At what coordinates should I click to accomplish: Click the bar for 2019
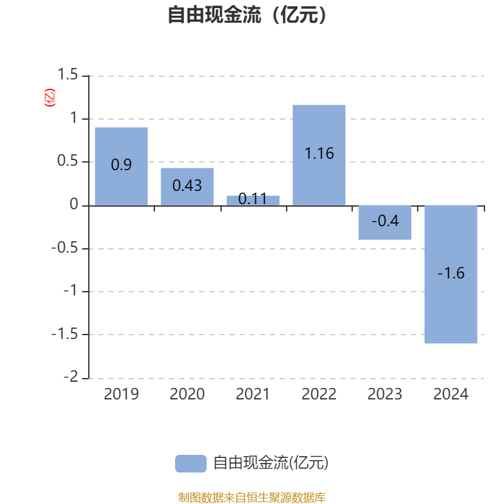coord(121,166)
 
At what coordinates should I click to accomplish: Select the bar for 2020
coord(187,186)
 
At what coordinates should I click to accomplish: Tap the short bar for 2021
coord(253,200)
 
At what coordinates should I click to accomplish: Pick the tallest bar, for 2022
coord(319,155)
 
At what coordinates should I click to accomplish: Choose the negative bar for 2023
coord(385,222)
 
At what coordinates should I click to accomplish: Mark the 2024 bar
coord(450,274)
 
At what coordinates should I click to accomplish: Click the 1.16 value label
coord(319,153)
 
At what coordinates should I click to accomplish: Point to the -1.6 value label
coord(450,273)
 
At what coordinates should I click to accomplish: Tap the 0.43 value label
coord(187,185)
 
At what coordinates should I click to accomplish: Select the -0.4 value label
coord(385,221)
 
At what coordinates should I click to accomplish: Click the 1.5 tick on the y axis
coord(67,75)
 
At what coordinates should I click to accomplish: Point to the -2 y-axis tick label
coord(72,377)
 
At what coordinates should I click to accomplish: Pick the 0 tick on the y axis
coord(74,205)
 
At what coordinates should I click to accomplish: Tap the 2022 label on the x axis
coord(319,394)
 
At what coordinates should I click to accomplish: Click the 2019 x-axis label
coord(121,394)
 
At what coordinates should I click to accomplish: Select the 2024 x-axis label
coord(450,394)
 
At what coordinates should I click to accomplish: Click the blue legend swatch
coord(190,463)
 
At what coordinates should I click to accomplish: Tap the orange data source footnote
coord(251,498)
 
